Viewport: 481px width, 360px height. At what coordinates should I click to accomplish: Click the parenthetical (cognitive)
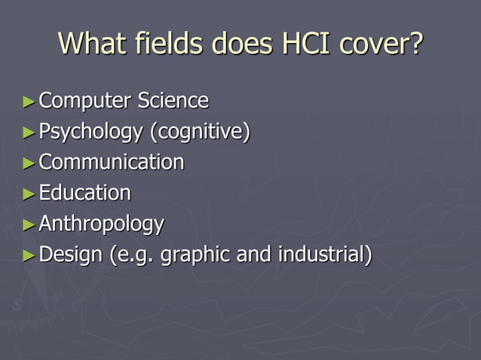[x=200, y=132]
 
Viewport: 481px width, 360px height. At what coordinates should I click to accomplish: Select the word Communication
[x=111, y=162]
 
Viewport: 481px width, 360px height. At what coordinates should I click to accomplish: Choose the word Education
[x=84, y=193]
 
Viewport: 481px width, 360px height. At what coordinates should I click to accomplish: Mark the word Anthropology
[x=101, y=224]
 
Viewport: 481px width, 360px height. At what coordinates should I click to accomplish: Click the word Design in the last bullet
[x=70, y=255]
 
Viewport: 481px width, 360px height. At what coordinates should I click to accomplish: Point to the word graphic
[x=195, y=255]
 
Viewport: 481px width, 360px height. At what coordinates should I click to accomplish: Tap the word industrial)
[x=325, y=255]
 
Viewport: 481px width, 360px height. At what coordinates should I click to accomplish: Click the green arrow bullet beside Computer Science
[x=29, y=101]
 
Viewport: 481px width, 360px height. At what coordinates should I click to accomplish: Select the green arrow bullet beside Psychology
[x=29, y=133]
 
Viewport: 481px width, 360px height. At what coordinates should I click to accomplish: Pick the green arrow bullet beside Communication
[x=29, y=163]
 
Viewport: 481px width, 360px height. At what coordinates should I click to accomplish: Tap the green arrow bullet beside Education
[x=29, y=194]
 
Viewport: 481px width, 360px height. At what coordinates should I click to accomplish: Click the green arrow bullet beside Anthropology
[x=29, y=224]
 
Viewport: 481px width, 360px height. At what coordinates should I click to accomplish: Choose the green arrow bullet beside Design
[x=29, y=255]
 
